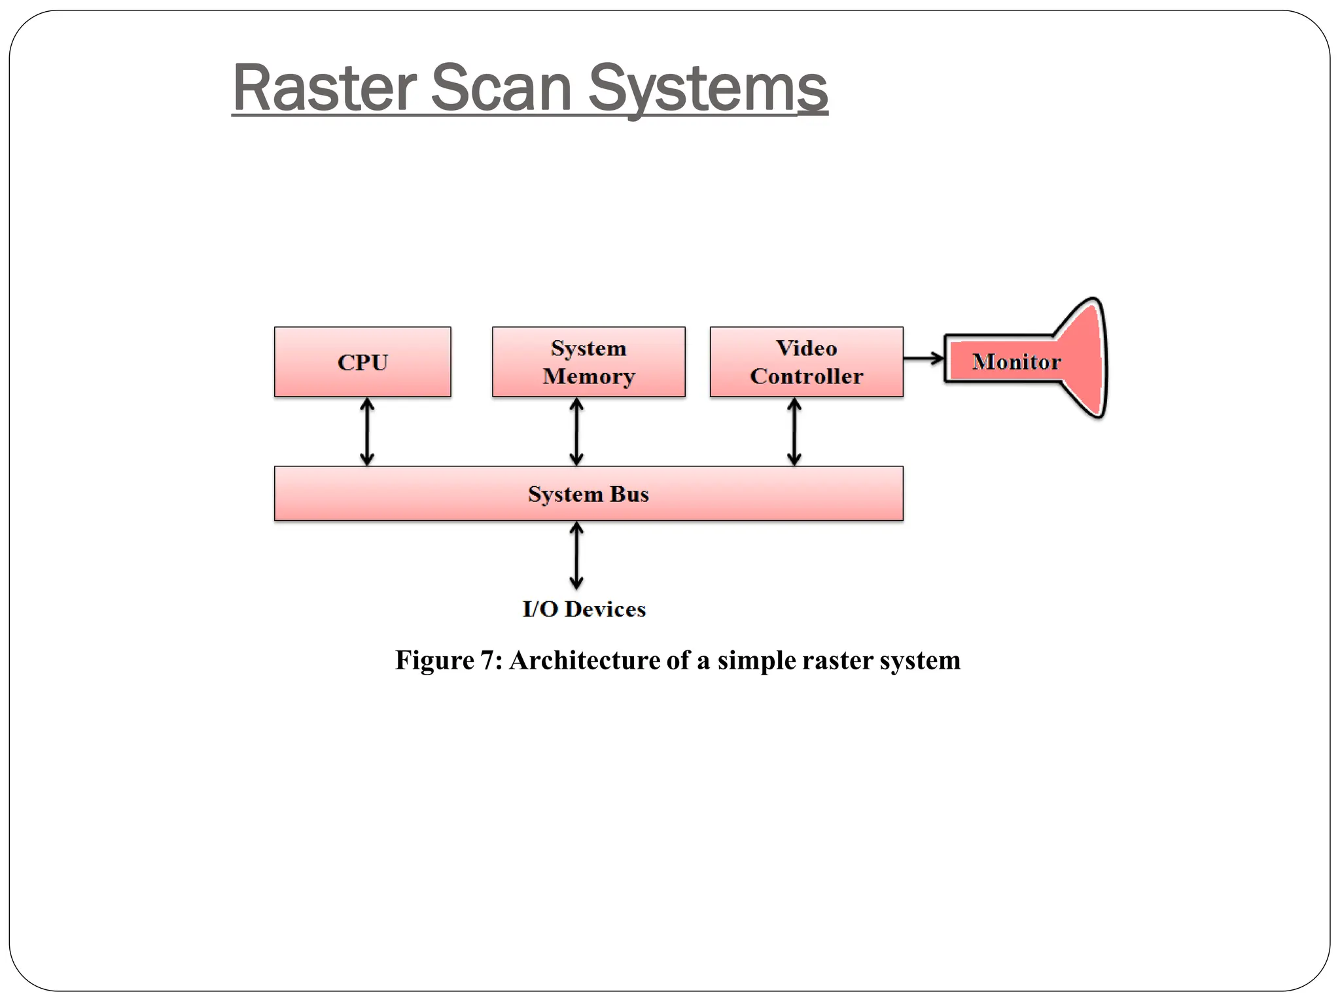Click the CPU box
coord(362,362)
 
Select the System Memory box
coord(588,362)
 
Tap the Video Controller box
coord(806,362)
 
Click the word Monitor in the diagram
coord(1015,362)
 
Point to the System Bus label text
coord(588,494)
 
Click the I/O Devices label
coord(584,609)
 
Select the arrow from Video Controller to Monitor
coord(923,358)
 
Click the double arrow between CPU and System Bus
coord(367,432)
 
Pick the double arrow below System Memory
coord(576,432)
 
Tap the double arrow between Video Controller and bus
coord(794,432)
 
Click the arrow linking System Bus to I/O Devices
coord(576,555)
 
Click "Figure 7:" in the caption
coord(449,660)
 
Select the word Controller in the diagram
coord(806,376)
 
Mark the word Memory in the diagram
coord(588,376)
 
